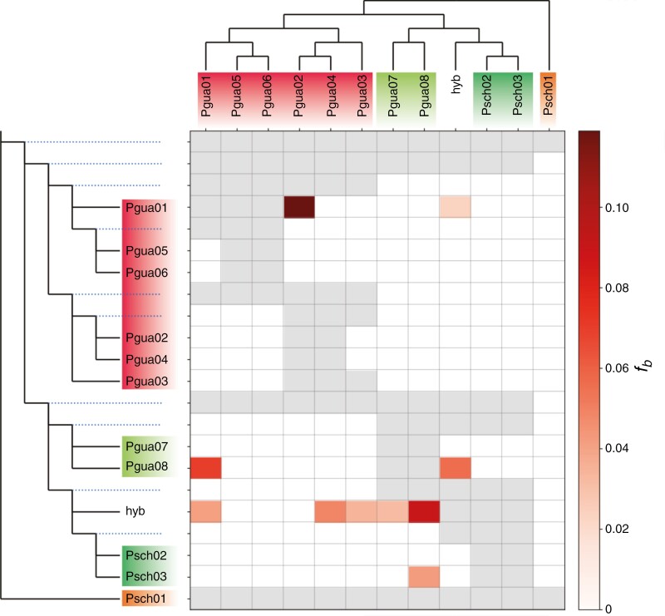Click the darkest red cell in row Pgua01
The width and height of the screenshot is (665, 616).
point(299,206)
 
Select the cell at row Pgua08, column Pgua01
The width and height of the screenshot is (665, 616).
point(206,468)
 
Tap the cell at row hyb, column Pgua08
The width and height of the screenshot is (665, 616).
point(424,511)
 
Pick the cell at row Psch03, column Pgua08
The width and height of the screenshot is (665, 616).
point(424,576)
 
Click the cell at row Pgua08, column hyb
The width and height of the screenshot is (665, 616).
point(456,468)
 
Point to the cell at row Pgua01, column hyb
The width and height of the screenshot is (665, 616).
point(456,206)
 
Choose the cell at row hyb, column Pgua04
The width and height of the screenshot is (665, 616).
point(331,511)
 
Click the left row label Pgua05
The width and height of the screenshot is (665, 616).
point(142,250)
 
